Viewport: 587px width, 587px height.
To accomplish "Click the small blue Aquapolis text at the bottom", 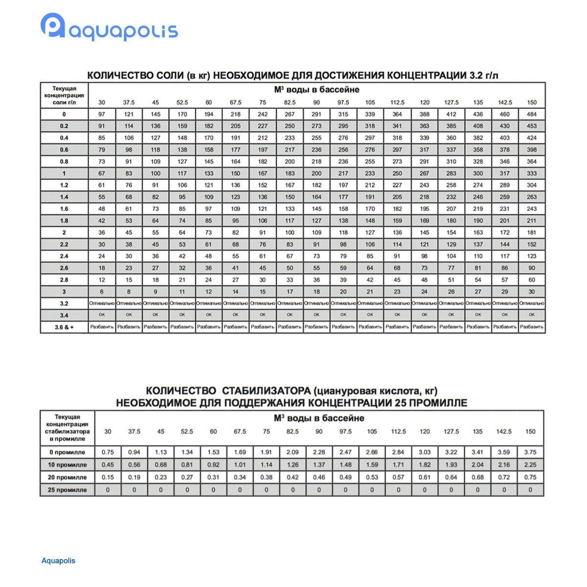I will click(x=58, y=561).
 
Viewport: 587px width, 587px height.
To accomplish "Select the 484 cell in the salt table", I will click(x=532, y=114).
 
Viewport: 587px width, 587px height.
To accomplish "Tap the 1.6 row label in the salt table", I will click(x=64, y=209).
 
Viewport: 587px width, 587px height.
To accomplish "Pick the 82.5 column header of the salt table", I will click(x=290, y=102).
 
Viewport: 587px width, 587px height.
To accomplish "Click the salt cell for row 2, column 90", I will click(x=316, y=233).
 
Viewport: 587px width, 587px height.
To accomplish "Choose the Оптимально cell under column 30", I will click(x=102, y=303).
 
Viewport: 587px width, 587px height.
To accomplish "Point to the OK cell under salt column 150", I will click(x=532, y=315).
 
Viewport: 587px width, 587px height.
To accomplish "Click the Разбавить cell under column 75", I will click(x=263, y=327).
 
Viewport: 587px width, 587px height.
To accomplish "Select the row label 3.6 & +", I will click(x=64, y=327).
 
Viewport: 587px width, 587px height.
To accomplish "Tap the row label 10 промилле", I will click(x=68, y=465).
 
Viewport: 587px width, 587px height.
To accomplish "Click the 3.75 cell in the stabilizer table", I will click(x=530, y=452).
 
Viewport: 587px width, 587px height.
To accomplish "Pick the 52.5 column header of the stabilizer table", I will click(x=187, y=431).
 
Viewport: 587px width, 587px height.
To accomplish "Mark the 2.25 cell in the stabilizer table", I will click(x=530, y=465).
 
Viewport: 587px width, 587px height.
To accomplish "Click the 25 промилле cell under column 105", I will click(x=372, y=490).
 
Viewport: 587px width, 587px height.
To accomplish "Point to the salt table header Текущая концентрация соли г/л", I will click(x=64, y=95).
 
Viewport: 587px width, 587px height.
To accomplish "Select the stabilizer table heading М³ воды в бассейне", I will click(x=319, y=418).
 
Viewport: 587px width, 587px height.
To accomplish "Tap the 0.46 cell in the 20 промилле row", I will click(x=319, y=477).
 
